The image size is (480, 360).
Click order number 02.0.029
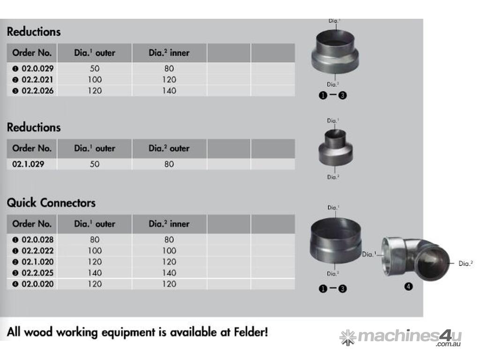click(37, 68)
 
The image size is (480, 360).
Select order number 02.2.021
click(37, 80)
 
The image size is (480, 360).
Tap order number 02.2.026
click(37, 90)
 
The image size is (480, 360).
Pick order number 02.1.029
click(28, 164)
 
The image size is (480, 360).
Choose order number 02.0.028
click(37, 240)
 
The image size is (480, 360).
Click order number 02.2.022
click(37, 251)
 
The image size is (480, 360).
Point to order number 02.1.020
click(37, 262)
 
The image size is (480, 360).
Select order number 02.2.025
click(37, 273)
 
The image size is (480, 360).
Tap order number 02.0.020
click(37, 284)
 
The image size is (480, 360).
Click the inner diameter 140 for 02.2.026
click(169, 90)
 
